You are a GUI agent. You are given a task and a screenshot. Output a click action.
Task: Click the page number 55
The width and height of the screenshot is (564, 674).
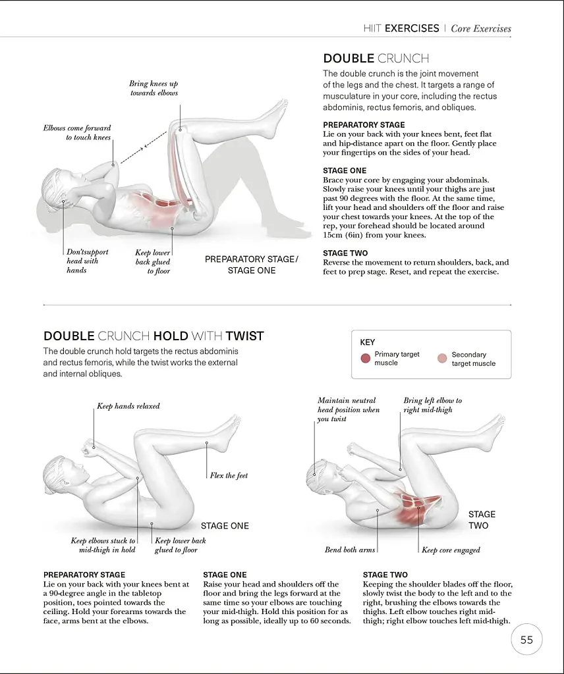pyautogui.click(x=526, y=640)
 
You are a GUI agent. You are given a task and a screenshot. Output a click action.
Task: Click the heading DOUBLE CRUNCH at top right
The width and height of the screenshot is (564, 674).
pyautogui.click(x=376, y=59)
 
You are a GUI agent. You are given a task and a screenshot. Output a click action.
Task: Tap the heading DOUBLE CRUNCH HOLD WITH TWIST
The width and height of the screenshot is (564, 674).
pyautogui.click(x=154, y=336)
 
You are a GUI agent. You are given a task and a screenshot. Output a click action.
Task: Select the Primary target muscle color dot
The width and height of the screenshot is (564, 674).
pyautogui.click(x=366, y=359)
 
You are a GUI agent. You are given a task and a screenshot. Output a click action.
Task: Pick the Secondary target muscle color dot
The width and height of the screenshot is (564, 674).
pyautogui.click(x=442, y=359)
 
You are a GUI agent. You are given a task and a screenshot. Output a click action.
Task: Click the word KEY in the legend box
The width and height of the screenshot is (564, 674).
pyautogui.click(x=367, y=342)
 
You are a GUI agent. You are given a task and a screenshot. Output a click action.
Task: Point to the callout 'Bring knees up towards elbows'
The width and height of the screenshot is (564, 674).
pyautogui.click(x=154, y=88)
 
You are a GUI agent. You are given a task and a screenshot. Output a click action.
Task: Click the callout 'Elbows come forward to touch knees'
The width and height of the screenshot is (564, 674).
pyautogui.click(x=77, y=132)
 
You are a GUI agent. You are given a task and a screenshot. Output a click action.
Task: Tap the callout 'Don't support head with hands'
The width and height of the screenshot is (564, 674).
pyautogui.click(x=87, y=261)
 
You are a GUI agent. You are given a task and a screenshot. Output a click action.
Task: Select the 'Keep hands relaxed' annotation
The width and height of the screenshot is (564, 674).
pyautogui.click(x=128, y=406)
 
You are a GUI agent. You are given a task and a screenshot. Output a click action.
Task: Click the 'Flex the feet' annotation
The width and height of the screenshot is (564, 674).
pyautogui.click(x=229, y=475)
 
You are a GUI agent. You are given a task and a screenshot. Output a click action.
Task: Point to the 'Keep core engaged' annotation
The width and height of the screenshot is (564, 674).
pyautogui.click(x=451, y=550)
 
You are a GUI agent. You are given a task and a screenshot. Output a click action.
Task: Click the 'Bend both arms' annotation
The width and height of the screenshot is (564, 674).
pyautogui.click(x=349, y=550)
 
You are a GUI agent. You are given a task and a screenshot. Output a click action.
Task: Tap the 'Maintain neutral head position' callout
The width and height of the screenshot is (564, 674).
pyautogui.click(x=349, y=409)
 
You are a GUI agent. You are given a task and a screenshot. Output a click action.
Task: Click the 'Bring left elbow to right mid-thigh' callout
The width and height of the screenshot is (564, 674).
pyautogui.click(x=432, y=405)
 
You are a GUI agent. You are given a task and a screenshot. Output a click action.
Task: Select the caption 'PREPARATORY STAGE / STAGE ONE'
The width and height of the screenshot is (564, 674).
pyautogui.click(x=251, y=265)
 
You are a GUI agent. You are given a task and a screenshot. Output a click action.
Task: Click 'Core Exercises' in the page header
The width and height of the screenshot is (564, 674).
pyautogui.click(x=481, y=28)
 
